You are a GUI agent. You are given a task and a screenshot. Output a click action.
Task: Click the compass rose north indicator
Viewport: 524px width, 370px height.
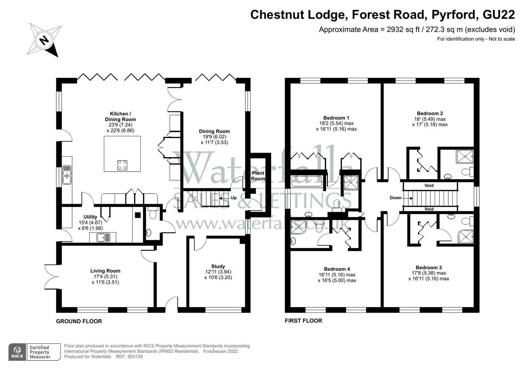coord(44,40)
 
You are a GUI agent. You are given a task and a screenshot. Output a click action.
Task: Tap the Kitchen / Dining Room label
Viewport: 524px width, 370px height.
coord(120,116)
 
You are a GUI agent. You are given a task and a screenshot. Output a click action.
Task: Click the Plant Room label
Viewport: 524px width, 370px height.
coord(258,176)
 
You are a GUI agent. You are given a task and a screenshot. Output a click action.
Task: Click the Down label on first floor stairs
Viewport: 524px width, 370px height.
coord(396,198)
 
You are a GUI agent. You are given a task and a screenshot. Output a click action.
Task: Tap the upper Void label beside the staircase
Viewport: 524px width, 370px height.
coord(429,185)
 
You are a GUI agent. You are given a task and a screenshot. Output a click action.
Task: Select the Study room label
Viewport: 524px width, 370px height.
coord(218,266)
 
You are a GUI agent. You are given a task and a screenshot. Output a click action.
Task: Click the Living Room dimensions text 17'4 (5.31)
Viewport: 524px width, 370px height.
coord(105,276)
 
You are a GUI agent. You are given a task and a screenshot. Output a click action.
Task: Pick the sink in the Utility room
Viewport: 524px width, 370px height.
coord(103,237)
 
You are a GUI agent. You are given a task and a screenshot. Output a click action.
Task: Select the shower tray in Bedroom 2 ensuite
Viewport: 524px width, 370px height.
coord(465,157)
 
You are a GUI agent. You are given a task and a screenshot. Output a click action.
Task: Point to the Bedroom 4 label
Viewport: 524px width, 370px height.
coord(337,269)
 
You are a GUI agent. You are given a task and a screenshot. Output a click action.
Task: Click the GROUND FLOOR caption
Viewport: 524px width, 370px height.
coord(79,321)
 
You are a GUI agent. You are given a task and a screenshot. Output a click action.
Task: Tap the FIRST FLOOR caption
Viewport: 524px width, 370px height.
coord(303,321)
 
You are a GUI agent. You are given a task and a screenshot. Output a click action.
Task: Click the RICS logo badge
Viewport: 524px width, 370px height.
coord(17,352)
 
